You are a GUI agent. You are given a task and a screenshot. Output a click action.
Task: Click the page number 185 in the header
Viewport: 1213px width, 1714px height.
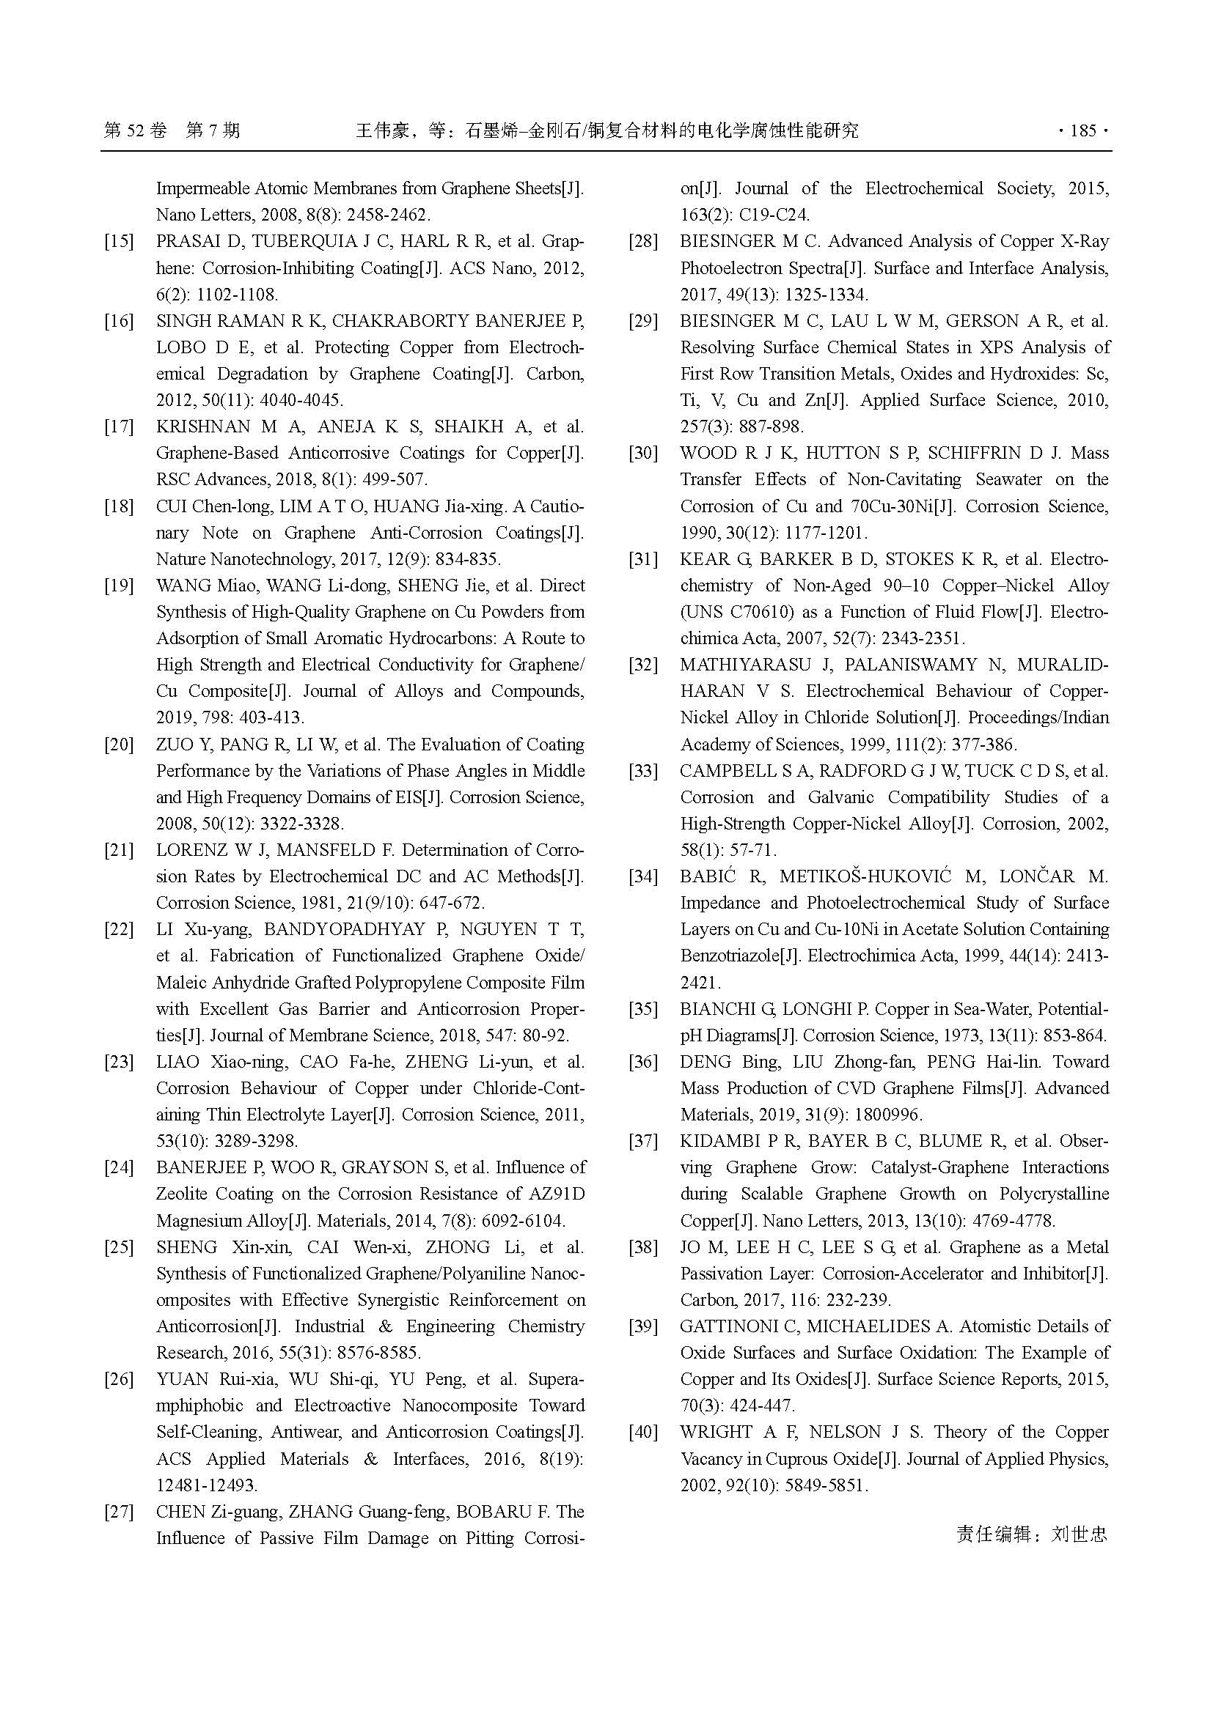click(1082, 130)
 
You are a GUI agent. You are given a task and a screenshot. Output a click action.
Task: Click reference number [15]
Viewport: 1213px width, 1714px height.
click(119, 241)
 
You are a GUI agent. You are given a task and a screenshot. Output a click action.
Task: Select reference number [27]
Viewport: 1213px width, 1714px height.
click(119, 1512)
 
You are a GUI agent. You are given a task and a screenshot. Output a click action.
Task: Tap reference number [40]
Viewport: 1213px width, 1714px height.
click(643, 1432)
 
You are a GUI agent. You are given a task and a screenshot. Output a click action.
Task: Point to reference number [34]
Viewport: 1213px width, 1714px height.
click(643, 876)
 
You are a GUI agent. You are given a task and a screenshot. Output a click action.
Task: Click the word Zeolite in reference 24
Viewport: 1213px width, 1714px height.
click(185, 1194)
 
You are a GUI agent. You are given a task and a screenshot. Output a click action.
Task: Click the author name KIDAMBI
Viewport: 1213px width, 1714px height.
click(721, 1141)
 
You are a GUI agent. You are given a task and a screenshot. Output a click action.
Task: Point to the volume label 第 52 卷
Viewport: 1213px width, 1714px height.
click(135, 130)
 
